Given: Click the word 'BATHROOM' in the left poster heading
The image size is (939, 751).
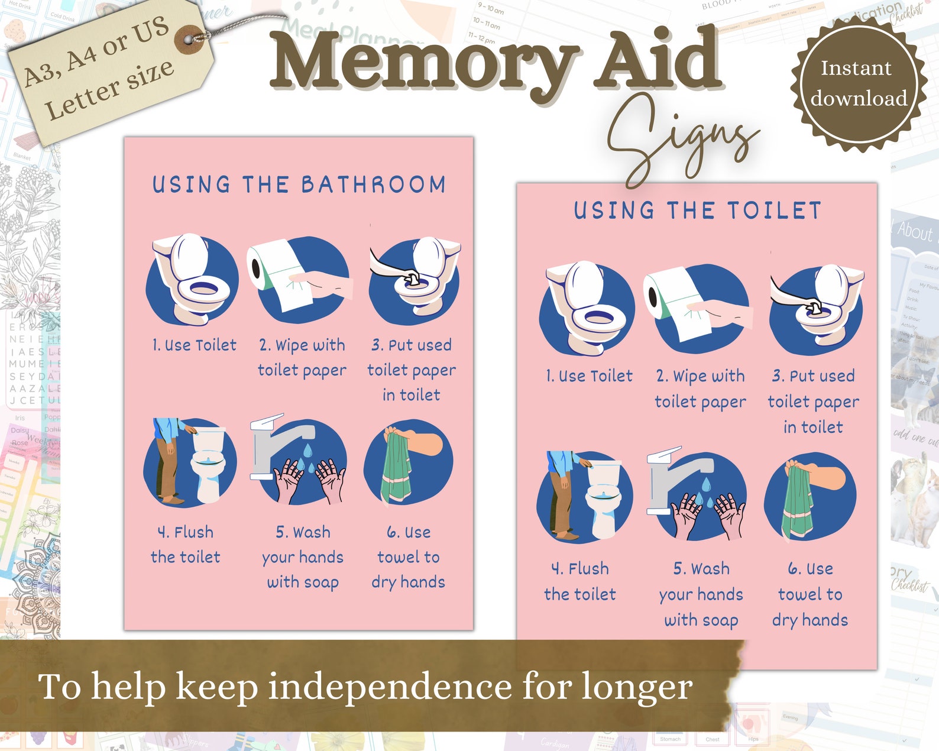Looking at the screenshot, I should (x=374, y=184).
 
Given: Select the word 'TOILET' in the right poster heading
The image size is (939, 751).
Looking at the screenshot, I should (x=774, y=211).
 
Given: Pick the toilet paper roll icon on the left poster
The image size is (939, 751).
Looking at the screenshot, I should (x=278, y=273).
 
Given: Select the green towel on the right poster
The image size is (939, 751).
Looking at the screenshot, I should (x=796, y=500).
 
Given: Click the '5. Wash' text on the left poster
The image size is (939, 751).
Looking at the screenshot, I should (x=303, y=532).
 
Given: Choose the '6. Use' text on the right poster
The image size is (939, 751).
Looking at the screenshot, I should (x=810, y=569).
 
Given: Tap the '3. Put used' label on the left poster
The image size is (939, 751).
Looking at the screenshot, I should (x=412, y=345).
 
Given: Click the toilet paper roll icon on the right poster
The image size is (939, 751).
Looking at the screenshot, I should (x=674, y=302).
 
